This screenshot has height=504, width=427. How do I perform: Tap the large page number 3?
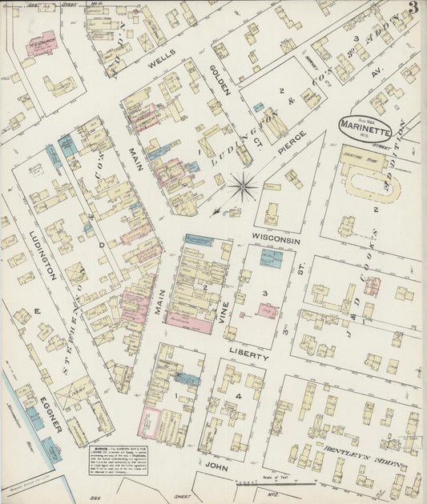tap(413, 9)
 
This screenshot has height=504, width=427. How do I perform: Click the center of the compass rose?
tap(242, 188)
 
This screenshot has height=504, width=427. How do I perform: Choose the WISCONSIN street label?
tap(275, 240)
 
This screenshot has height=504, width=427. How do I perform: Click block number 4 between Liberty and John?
tap(238, 397)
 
